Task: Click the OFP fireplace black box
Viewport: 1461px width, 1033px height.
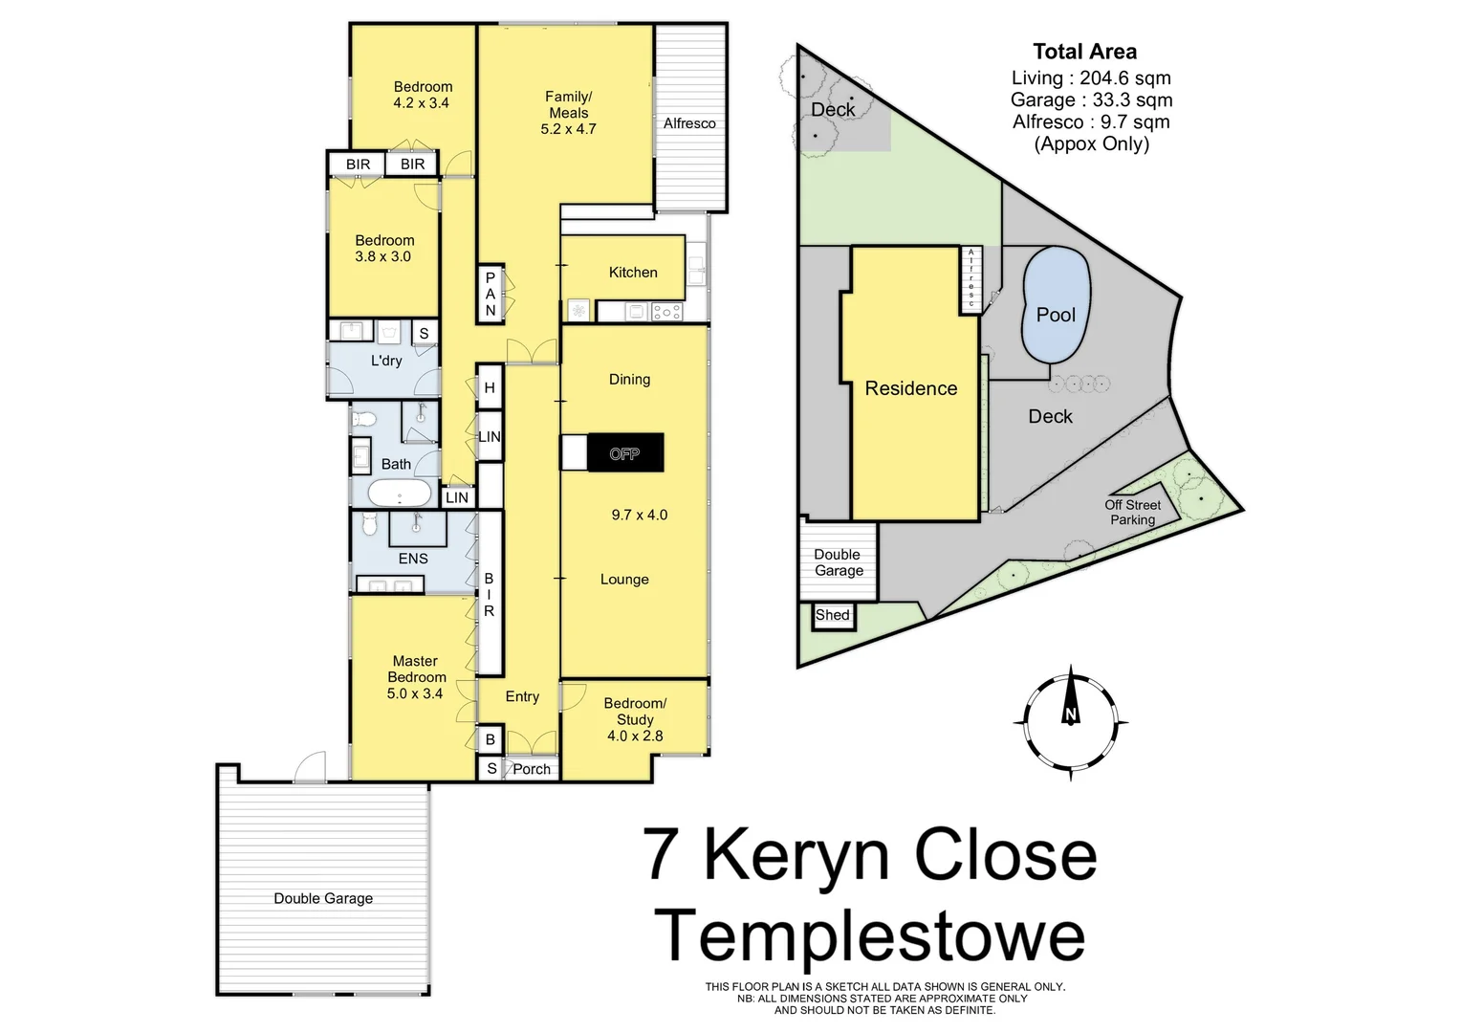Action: [x=624, y=453]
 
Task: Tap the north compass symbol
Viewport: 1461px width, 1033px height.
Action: [x=1070, y=715]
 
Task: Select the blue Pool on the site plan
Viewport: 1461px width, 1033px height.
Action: [x=1056, y=305]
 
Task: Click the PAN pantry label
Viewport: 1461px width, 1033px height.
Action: [x=491, y=294]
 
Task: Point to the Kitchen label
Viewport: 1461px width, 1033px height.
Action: [x=632, y=273]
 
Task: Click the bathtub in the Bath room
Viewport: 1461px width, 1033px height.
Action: [x=399, y=494]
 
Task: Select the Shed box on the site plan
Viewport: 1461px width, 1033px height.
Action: [x=832, y=616]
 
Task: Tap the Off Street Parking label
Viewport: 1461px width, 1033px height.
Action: [x=1132, y=513]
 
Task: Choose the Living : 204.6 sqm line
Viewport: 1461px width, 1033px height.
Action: [x=1090, y=78]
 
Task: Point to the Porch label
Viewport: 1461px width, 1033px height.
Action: [x=532, y=769]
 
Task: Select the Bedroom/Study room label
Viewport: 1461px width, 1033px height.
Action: [x=635, y=712]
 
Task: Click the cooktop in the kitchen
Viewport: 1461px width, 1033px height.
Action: [x=665, y=311]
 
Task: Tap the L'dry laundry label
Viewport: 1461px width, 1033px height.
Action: [x=386, y=361]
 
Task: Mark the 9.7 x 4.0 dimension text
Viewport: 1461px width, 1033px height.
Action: [x=640, y=515]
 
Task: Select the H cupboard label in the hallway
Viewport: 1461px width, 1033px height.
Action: [x=490, y=388]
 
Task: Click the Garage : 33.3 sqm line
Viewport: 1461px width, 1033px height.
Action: [x=1091, y=99]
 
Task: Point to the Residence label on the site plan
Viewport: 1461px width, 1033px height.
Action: [x=910, y=388]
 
